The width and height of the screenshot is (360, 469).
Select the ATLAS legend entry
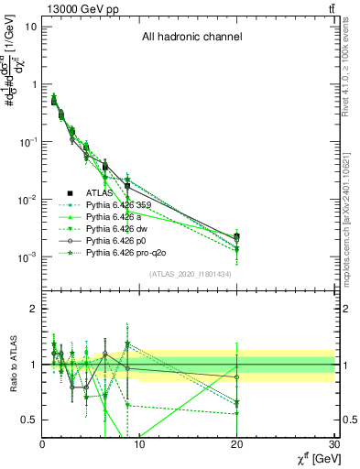coord(100,192)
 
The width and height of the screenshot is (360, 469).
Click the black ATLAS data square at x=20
coord(237,236)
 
